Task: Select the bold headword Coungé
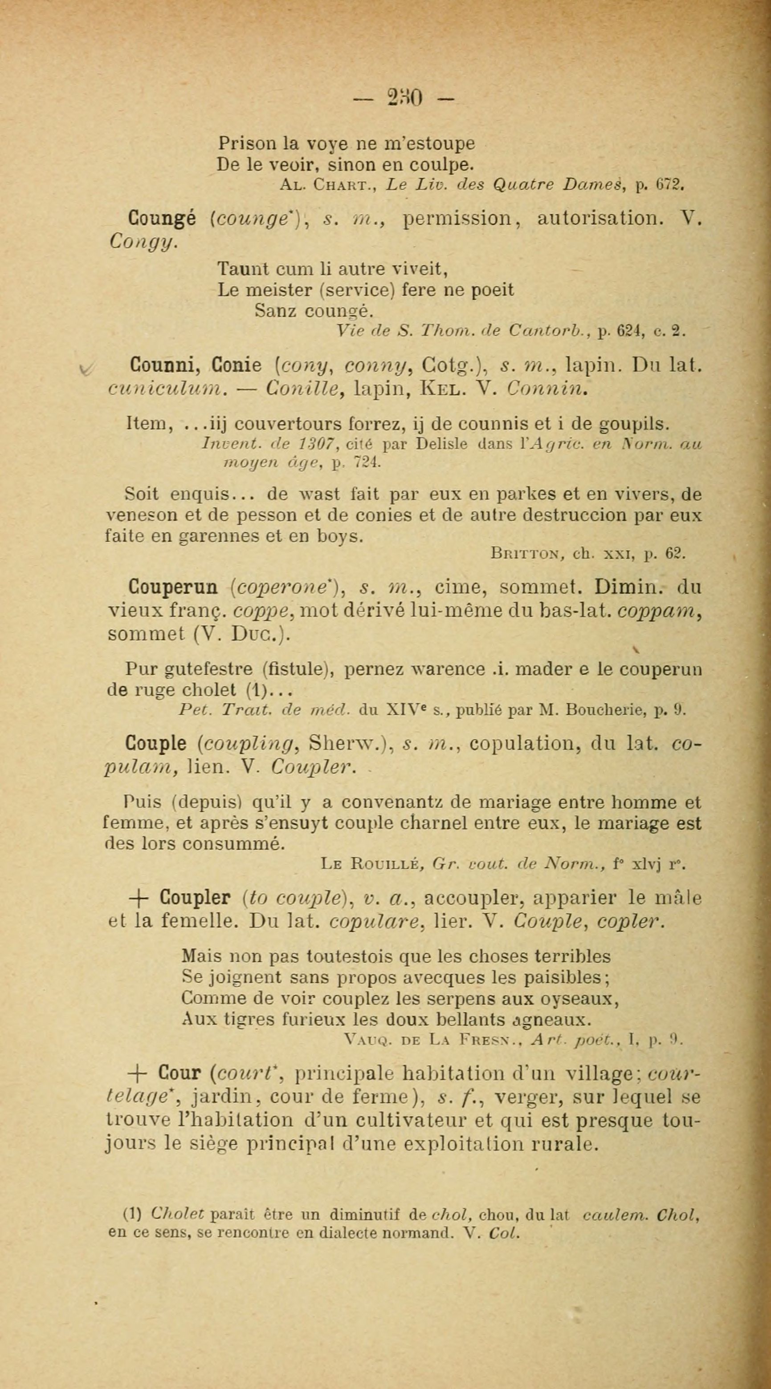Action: point(162,219)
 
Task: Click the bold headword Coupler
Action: point(196,898)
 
